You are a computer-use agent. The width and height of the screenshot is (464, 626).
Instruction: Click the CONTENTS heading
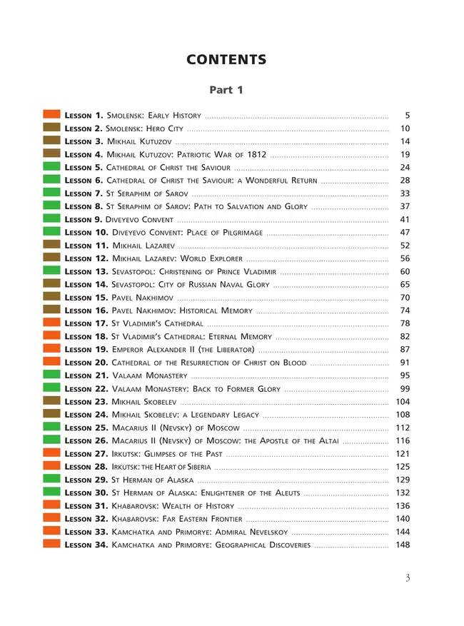(226, 60)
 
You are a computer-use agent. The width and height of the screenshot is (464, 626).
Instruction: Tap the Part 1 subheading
(226, 90)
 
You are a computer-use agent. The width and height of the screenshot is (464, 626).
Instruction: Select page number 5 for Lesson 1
(407, 115)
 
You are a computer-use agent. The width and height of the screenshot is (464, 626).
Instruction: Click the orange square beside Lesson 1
(51, 114)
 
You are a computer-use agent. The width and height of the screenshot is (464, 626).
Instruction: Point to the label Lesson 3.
(84, 141)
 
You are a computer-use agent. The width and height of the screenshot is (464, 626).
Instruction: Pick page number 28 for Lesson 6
(405, 181)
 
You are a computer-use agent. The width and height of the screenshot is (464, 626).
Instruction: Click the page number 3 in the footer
(408, 578)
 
